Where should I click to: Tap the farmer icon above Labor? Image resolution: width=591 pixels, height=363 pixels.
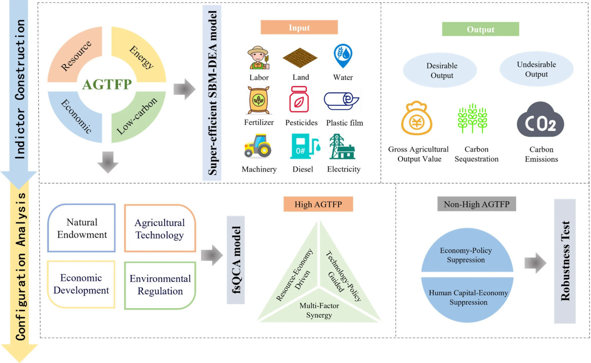click(x=258, y=57)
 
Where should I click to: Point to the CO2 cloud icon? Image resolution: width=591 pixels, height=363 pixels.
click(x=540, y=119)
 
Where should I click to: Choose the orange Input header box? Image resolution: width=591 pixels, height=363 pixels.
click(x=299, y=27)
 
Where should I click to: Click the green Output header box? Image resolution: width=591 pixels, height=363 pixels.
click(x=480, y=29)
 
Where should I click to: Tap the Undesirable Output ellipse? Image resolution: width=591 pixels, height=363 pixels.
click(x=536, y=70)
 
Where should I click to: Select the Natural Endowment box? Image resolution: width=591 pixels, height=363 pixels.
click(x=81, y=228)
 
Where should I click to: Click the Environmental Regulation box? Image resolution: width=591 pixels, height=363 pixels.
click(x=160, y=285)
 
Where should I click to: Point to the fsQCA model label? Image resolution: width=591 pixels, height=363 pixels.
click(x=235, y=260)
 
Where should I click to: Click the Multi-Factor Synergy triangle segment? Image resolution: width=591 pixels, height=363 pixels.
click(x=316, y=309)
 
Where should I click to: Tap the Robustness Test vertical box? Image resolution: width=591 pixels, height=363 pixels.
click(x=565, y=261)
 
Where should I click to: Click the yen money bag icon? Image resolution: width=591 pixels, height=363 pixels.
click(x=418, y=119)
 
